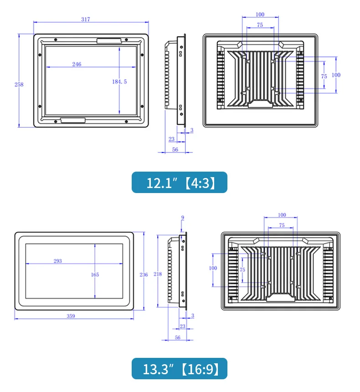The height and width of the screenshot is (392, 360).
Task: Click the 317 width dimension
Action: pos(86,19)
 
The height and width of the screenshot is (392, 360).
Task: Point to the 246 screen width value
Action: pos(76,64)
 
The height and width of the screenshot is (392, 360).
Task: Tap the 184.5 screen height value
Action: pos(119,81)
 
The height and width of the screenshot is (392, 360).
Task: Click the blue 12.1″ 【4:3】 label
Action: pos(180,182)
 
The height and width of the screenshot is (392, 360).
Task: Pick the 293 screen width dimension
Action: pos(58,261)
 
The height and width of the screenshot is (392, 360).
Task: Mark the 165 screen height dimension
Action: pos(95,275)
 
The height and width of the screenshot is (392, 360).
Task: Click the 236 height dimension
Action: pos(144,275)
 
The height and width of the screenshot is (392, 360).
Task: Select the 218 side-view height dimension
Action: pos(157,275)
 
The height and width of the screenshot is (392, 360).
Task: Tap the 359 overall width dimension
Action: pos(71,316)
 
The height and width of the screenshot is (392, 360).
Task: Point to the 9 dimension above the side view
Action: pos(183,218)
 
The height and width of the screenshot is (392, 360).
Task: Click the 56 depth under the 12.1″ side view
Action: pos(175,149)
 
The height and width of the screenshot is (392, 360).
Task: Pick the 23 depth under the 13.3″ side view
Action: pos(182,326)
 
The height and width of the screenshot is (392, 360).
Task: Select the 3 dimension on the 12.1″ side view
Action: pos(191,130)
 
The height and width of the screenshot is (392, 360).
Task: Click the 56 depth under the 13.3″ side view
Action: pos(177,337)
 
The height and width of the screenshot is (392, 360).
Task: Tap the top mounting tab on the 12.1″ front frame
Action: pos(109,41)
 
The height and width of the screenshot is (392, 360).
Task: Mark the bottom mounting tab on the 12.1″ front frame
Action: pos(73,121)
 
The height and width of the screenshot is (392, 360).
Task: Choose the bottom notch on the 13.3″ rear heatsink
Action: pos(281,298)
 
